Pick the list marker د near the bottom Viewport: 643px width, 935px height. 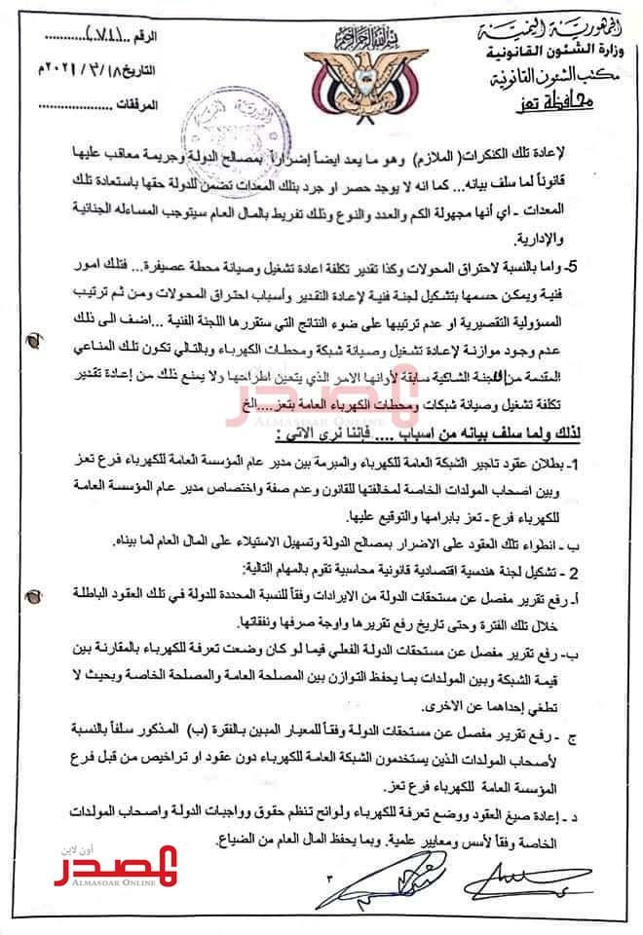[611, 809]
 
